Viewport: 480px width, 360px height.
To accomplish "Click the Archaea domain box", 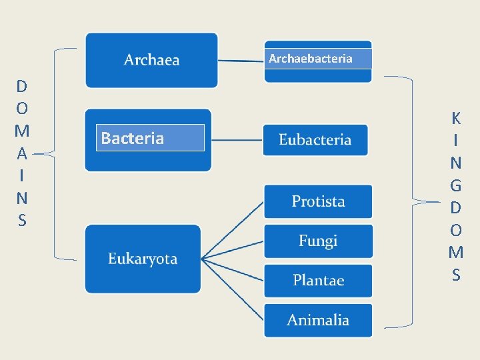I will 152,60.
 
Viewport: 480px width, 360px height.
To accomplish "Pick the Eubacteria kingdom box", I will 315,139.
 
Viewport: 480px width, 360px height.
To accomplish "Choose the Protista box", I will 318,201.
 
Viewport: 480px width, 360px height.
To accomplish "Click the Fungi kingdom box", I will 318,241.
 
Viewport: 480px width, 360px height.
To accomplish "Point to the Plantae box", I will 318,280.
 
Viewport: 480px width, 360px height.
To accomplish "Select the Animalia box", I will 318,320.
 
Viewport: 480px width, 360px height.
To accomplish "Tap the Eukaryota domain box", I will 143,259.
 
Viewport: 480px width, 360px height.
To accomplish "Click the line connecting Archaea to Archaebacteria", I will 241,61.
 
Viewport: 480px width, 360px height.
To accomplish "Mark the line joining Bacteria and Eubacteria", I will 237,140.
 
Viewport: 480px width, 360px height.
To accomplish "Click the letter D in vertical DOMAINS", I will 22,86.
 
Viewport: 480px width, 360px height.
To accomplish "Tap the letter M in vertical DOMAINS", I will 22,131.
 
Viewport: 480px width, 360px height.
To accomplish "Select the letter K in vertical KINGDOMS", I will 456,119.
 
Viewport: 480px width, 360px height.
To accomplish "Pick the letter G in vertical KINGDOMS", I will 456,185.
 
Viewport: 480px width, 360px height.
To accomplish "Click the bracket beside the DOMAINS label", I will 55,153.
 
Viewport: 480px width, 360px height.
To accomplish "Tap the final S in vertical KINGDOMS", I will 456,275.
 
